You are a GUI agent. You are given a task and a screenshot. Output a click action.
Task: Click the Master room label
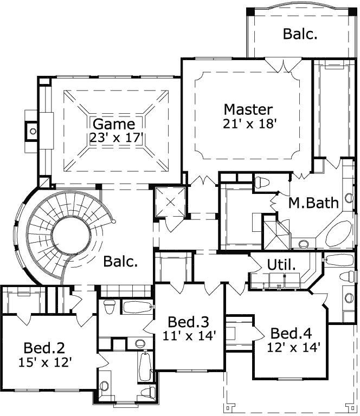pyautogui.click(x=248, y=109)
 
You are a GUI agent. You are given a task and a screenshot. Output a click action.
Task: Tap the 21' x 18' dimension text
pyautogui.click(x=250, y=123)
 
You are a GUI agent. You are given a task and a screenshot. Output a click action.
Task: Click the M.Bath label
pyautogui.click(x=313, y=203)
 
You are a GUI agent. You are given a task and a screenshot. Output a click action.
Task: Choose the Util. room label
pyautogui.click(x=281, y=265)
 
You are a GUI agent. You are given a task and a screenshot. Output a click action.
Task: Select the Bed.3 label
pyautogui.click(x=188, y=321)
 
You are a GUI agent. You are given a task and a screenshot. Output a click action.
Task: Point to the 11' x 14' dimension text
pyautogui.click(x=189, y=335)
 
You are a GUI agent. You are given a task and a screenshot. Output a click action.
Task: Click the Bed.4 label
pyautogui.click(x=291, y=332)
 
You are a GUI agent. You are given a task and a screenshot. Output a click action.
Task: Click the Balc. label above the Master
pyautogui.click(x=299, y=34)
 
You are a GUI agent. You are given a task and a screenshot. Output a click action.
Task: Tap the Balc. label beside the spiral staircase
pyautogui.click(x=120, y=262)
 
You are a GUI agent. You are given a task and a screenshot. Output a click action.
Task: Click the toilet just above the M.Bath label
pyautogui.click(x=263, y=181)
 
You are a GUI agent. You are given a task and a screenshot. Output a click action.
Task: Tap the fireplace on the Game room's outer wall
pyautogui.click(x=32, y=130)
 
